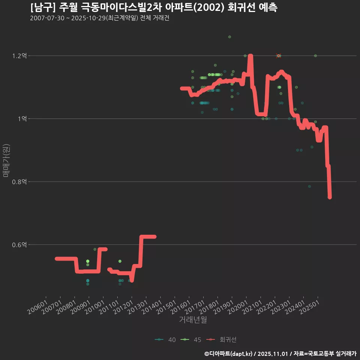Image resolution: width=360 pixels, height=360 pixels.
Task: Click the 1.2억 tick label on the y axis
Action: click(x=19, y=56)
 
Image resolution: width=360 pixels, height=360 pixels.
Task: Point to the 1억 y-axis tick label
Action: click(x=22, y=119)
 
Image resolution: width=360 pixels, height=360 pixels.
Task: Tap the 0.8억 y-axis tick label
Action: click(x=19, y=182)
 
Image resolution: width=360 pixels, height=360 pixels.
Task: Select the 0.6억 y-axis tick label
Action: click(x=19, y=245)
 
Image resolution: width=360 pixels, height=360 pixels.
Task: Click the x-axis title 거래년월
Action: click(x=193, y=320)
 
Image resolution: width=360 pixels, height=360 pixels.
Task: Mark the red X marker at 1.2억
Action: click(x=278, y=56)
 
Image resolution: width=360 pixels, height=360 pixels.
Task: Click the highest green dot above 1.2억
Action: click(x=229, y=37)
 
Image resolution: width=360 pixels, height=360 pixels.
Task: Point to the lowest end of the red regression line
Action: click(x=330, y=197)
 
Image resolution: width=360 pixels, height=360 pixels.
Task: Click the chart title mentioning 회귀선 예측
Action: click(x=154, y=7)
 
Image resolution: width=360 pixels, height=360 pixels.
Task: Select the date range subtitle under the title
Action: click(x=99, y=18)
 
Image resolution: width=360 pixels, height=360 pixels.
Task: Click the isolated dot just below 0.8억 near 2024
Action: click(x=309, y=186)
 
